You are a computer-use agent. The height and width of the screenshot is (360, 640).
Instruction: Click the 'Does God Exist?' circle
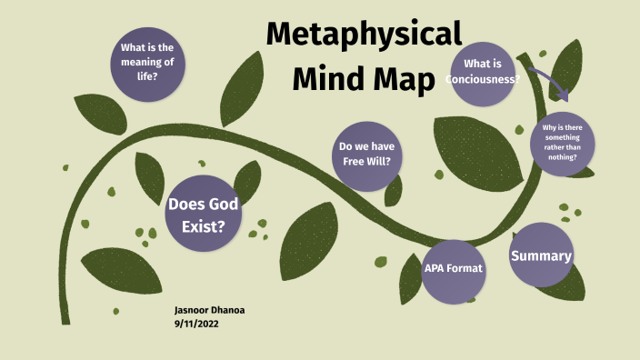click(203, 214)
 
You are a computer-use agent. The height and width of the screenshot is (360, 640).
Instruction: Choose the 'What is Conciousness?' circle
click(483, 72)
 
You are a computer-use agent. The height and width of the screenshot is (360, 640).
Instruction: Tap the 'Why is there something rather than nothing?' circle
click(562, 143)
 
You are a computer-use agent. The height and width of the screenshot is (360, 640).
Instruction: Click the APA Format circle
click(454, 269)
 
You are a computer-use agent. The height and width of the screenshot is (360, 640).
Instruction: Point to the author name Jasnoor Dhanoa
click(209, 310)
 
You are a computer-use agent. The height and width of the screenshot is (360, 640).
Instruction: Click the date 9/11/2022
click(198, 323)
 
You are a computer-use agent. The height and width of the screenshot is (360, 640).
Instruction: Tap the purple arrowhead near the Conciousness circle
click(565, 95)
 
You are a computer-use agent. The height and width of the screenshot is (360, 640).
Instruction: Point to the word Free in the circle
click(350, 162)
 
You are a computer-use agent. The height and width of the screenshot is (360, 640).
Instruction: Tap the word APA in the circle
click(436, 269)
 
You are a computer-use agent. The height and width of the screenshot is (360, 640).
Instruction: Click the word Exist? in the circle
click(203, 225)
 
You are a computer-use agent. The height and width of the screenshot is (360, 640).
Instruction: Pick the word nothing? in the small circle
click(562, 157)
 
